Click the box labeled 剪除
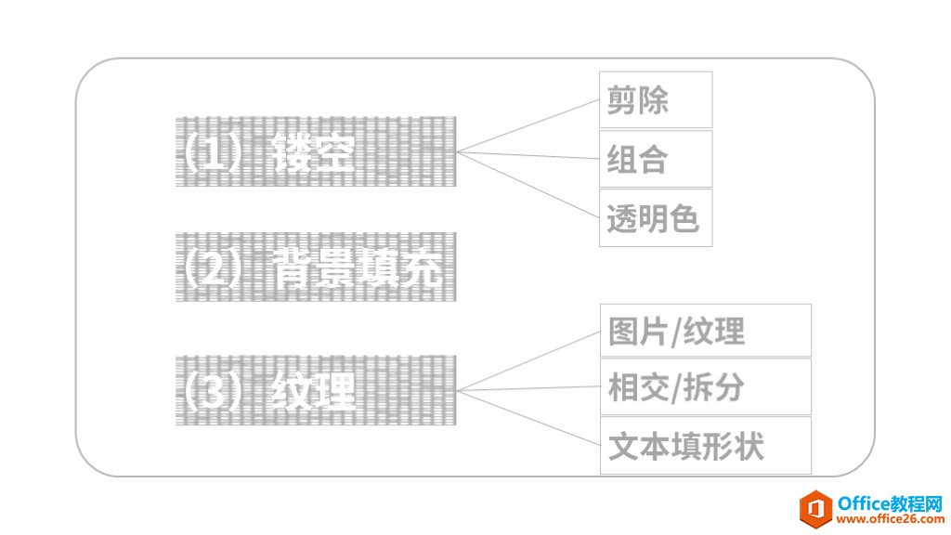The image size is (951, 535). click(x=656, y=99)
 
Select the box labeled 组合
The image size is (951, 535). click(x=656, y=159)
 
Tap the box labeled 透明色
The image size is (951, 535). click(x=656, y=218)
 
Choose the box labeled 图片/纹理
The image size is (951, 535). click(x=705, y=331)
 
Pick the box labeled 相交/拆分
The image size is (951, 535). click(x=705, y=387)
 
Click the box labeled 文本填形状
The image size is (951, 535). click(x=705, y=446)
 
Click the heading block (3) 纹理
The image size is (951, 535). click(x=317, y=390)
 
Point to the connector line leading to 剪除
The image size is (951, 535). click(x=529, y=126)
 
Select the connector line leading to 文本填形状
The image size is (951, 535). click(x=529, y=417)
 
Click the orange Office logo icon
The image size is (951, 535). click(x=816, y=509)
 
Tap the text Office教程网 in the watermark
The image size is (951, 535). click(x=888, y=502)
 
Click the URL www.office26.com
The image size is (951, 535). click(x=887, y=520)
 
